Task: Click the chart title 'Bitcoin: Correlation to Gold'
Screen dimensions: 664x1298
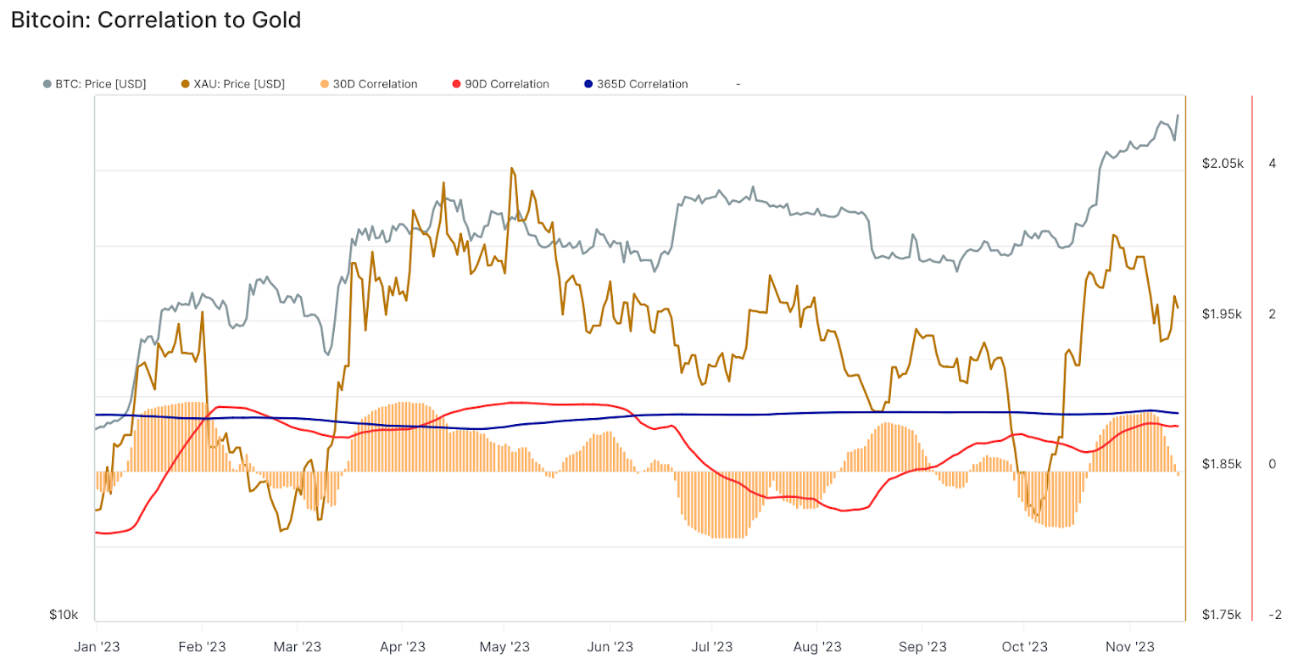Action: (x=156, y=20)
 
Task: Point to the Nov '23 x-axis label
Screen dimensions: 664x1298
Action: (x=1130, y=646)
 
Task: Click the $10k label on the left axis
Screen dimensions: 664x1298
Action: (x=64, y=614)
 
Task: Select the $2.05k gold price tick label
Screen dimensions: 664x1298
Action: (x=1222, y=163)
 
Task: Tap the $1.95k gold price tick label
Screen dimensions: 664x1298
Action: (x=1222, y=314)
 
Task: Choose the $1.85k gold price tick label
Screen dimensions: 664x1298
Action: (x=1222, y=464)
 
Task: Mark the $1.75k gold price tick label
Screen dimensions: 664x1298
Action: (x=1222, y=614)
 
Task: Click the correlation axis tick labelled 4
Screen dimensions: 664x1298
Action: (x=1272, y=163)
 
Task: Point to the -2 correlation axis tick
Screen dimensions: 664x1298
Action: (x=1274, y=614)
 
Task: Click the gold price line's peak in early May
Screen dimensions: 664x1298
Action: (x=511, y=168)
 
